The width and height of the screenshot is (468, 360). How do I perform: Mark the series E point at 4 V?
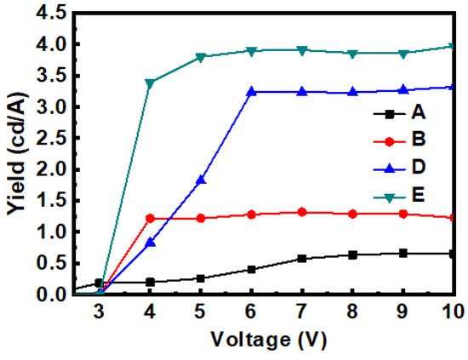[x=151, y=83]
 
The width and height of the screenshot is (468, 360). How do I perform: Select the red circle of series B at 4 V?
[x=151, y=218]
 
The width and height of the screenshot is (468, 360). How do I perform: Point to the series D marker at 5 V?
[x=201, y=180]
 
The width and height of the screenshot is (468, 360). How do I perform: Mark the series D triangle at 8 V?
[x=353, y=91]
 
